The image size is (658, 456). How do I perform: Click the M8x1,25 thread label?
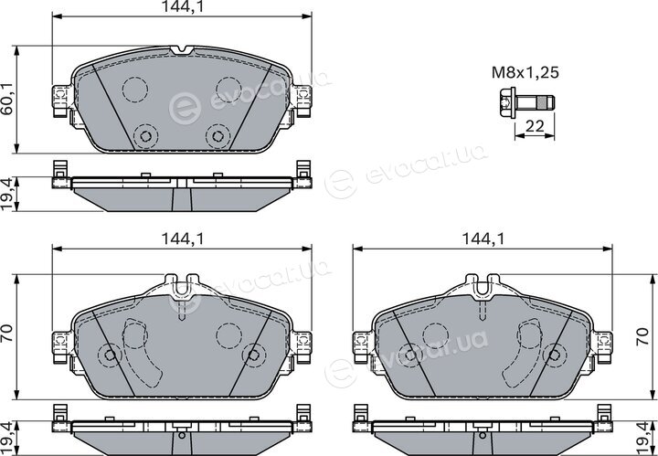525,73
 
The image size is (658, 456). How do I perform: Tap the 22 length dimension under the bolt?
535,126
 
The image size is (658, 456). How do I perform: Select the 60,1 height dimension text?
7,99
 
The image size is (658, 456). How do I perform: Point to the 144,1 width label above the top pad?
183,6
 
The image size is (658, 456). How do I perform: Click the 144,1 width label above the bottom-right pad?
483,239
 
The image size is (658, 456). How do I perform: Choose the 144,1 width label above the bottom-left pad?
183,239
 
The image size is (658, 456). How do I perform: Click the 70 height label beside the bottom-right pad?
642,336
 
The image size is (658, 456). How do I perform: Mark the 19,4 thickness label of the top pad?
7,195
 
